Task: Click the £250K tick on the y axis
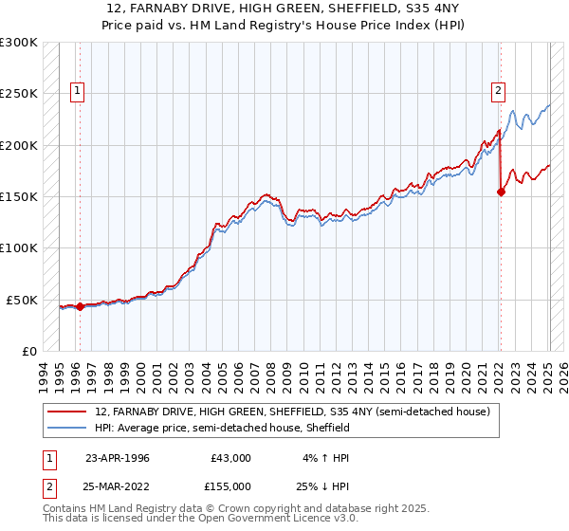click(x=19, y=94)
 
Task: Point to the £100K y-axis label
click(x=19, y=248)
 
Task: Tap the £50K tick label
click(x=22, y=300)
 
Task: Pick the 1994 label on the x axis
click(x=44, y=374)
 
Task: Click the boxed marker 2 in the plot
click(x=499, y=92)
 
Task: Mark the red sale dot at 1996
click(x=81, y=306)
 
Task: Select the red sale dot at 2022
click(x=502, y=192)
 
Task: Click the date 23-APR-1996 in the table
click(x=118, y=457)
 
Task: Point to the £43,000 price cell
click(x=231, y=457)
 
